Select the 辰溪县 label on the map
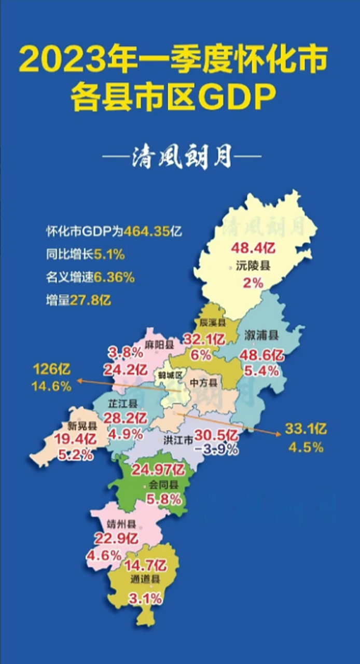click(213, 323)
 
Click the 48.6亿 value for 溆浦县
click(262, 355)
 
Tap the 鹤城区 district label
click(170, 375)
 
